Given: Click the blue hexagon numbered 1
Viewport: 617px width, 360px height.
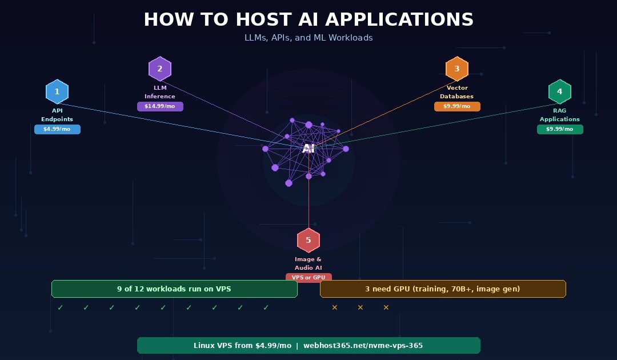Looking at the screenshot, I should coord(57,91).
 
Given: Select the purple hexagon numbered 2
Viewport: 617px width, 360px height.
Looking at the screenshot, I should coord(160,69).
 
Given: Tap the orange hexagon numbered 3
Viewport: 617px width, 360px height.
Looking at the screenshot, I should coord(457,69).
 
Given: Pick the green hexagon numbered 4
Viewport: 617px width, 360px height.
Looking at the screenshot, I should coord(560,91).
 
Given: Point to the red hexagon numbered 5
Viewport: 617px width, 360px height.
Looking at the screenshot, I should coord(308,240).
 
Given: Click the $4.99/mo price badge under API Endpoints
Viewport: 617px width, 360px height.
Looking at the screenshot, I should coord(57,129).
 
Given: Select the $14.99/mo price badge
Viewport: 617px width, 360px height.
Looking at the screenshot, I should coord(160,106).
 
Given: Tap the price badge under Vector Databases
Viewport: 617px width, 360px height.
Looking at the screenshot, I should coord(457,106).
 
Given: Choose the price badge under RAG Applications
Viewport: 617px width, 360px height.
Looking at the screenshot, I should coord(560,129).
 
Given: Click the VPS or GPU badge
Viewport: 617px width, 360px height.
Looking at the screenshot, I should coord(308,278).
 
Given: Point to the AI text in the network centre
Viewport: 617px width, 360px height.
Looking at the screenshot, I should coord(308,149).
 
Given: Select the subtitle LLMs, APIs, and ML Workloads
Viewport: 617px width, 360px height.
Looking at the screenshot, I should coord(308,38).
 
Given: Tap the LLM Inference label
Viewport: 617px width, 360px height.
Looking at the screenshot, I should coord(160,92).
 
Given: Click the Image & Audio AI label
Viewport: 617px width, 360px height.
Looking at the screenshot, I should coord(308,263).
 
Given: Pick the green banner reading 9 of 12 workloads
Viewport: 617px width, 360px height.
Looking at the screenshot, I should coord(174,289).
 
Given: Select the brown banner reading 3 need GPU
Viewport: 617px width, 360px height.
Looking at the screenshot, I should coord(443,289).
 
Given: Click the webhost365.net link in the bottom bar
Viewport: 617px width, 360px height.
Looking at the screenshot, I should coord(363,346).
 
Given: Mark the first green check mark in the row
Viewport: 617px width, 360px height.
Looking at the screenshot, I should coord(61,307).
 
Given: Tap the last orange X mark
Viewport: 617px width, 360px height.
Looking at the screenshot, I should coord(386,307).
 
